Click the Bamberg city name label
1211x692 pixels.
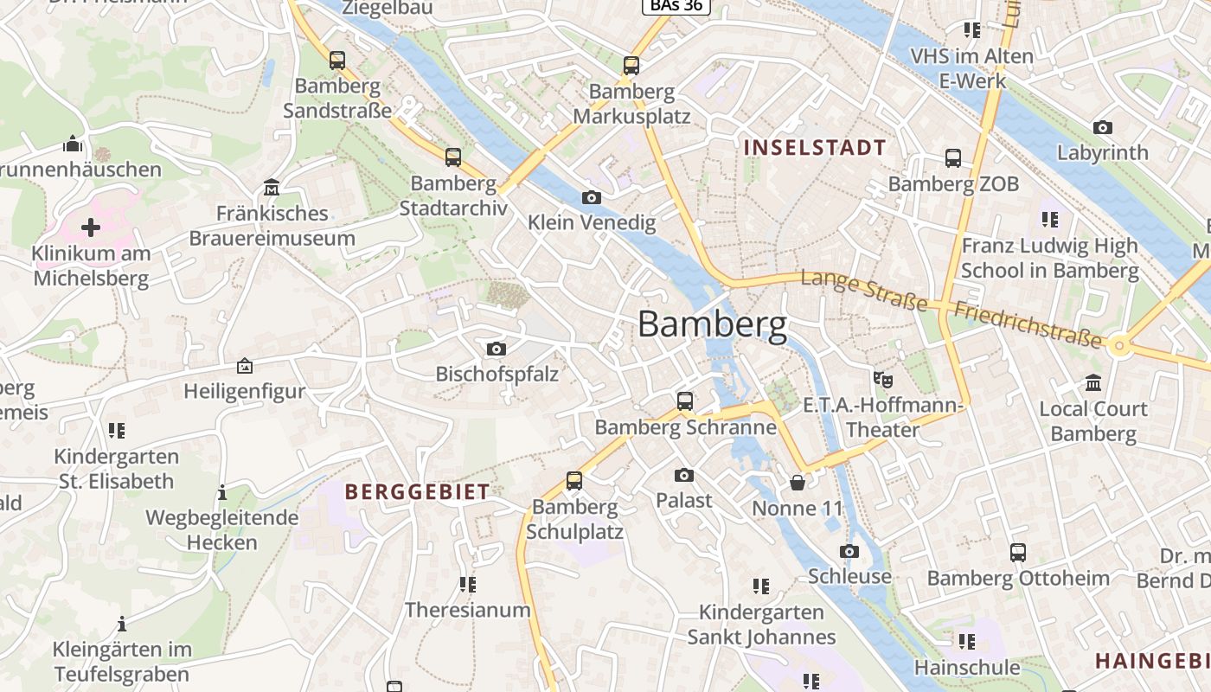coord(713,324)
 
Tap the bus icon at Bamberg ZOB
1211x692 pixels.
coord(953,158)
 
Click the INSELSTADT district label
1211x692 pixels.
coord(815,147)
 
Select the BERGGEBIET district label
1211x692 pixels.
coord(417,492)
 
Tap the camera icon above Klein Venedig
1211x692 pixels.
coord(592,197)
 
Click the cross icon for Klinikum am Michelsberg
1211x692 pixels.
coord(90,227)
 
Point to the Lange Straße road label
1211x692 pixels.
coord(863,290)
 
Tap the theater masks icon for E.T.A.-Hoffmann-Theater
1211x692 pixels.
coord(882,379)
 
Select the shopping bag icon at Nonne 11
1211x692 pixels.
coord(797,482)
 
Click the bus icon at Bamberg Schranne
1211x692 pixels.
coord(685,401)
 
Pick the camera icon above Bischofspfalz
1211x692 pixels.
coord(497,349)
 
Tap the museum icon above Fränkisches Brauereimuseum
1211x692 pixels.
coord(272,187)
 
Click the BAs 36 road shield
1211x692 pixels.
coord(676,6)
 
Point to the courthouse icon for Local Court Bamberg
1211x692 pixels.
coord(1093,382)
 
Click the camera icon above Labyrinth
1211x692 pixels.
coord(1103,127)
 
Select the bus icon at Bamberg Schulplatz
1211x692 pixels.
coord(574,481)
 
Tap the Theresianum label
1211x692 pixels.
coord(468,610)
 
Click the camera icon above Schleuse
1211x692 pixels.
coord(849,551)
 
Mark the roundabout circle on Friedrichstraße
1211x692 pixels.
coord(1120,347)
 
